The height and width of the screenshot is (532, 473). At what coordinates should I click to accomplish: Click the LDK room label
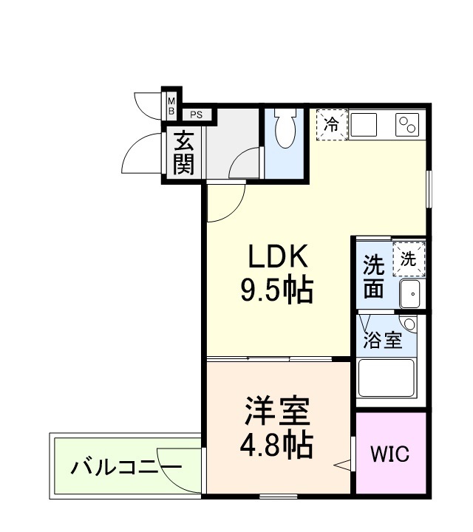(276, 257)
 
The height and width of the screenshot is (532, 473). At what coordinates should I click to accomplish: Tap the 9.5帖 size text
(276, 290)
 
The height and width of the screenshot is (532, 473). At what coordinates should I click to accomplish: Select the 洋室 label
(276, 410)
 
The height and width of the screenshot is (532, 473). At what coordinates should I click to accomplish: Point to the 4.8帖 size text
(276, 444)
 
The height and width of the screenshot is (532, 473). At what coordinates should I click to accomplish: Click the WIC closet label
(389, 454)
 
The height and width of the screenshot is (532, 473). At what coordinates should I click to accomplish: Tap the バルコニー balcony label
(126, 467)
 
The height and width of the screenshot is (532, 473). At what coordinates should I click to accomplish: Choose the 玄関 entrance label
(183, 152)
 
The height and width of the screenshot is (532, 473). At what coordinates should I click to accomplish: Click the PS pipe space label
(196, 115)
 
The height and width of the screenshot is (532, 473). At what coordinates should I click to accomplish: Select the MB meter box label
(171, 106)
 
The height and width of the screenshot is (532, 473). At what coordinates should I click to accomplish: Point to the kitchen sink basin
(367, 125)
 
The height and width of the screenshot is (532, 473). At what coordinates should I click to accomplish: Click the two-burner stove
(408, 125)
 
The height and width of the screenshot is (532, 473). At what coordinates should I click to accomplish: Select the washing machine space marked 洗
(409, 259)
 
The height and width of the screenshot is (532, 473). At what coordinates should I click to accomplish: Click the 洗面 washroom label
(374, 276)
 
